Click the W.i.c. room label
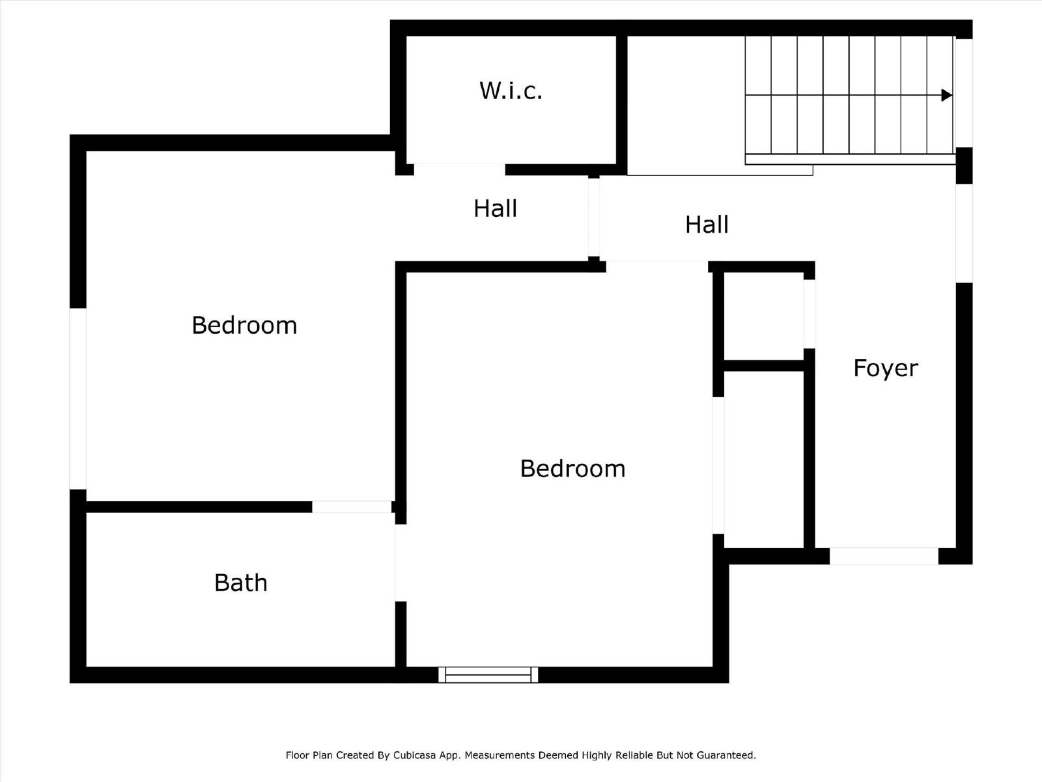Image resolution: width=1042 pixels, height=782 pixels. click(x=511, y=91)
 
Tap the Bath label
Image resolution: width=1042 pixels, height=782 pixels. click(x=240, y=583)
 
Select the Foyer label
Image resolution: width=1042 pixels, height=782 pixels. click(x=885, y=368)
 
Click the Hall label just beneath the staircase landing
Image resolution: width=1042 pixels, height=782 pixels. click(x=707, y=225)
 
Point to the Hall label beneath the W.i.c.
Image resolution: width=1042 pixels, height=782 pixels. click(x=495, y=209)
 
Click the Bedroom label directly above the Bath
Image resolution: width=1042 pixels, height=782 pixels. click(x=244, y=325)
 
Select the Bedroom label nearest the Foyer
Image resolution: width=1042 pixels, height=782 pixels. click(x=572, y=469)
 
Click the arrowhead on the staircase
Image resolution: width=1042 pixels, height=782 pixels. click(x=947, y=95)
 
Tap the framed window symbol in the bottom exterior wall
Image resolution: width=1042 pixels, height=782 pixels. click(x=488, y=674)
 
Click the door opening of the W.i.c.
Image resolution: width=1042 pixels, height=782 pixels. click(x=459, y=169)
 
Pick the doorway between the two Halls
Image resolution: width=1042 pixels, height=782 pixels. click(x=593, y=217)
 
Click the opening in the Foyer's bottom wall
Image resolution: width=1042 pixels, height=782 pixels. click(x=884, y=556)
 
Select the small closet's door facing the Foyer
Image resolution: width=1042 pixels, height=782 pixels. click(x=809, y=313)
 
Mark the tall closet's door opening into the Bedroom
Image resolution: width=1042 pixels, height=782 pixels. click(x=718, y=465)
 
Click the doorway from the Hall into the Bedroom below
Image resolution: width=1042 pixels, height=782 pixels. click(x=656, y=266)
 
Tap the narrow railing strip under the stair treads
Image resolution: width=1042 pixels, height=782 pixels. click(x=850, y=159)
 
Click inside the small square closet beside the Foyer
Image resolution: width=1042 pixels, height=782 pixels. click(x=763, y=316)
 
